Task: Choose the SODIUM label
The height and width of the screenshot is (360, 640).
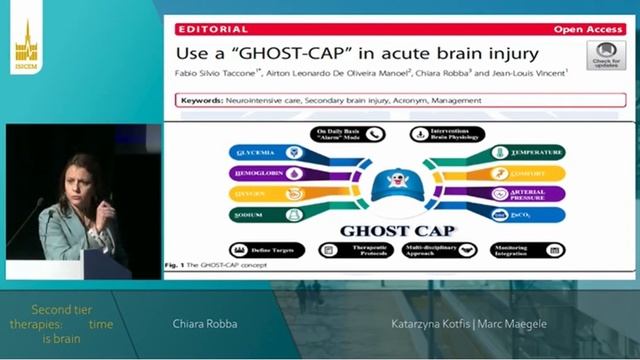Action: [250, 214]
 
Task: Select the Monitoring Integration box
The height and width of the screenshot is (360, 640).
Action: [523, 250]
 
